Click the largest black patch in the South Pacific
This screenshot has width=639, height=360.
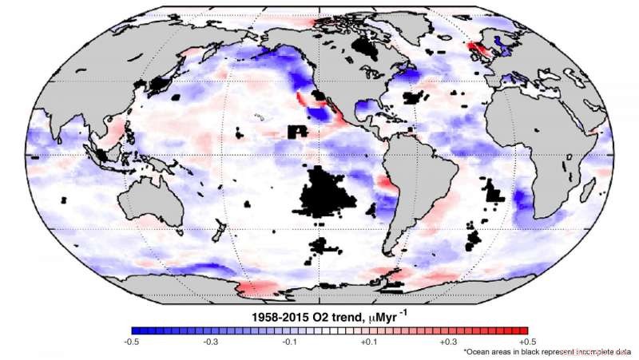coord(327,196)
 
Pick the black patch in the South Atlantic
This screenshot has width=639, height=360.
coord(495,192)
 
